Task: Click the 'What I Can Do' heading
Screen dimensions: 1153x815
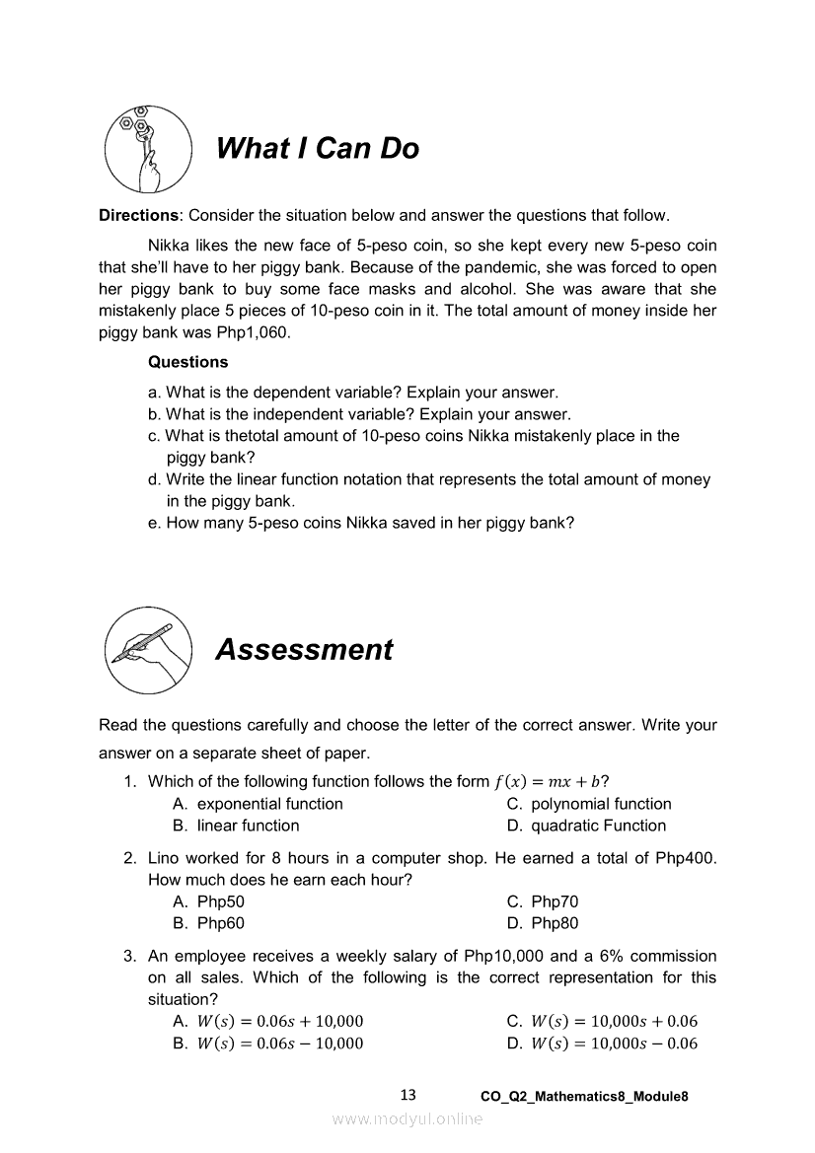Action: coord(317,148)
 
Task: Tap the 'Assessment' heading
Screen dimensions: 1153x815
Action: coord(304,649)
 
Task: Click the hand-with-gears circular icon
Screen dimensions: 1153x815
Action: coord(148,149)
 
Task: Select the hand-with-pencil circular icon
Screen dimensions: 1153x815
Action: coord(148,650)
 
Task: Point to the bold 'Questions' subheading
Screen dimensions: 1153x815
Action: coord(187,362)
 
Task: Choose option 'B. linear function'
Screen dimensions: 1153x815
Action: coord(236,826)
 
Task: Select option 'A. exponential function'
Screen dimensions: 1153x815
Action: coord(258,804)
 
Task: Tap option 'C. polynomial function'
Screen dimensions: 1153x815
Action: coord(588,804)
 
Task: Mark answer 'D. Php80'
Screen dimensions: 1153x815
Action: coord(543,923)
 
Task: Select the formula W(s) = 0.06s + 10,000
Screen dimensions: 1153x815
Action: coord(280,1021)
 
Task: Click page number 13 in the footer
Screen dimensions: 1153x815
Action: coord(409,1095)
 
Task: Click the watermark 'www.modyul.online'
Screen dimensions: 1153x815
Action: coord(407,1118)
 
